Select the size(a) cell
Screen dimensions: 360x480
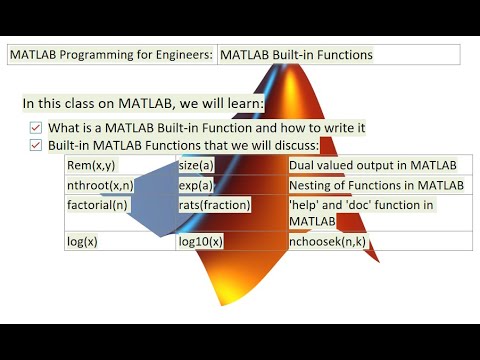(200, 165)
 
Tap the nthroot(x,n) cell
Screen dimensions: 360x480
(99, 185)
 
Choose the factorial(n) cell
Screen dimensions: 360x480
(97, 204)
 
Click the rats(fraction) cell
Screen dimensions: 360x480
(214, 204)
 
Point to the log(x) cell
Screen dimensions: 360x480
(82, 241)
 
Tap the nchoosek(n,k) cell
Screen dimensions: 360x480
(327, 241)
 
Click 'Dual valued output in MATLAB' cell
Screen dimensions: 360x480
(372, 165)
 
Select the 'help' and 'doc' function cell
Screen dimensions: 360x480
(360, 211)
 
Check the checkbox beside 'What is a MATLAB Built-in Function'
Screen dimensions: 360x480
(36, 127)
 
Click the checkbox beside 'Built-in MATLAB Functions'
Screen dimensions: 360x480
(36, 145)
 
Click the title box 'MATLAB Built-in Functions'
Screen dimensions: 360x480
(296, 55)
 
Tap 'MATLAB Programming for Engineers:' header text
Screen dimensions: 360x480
(111, 55)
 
